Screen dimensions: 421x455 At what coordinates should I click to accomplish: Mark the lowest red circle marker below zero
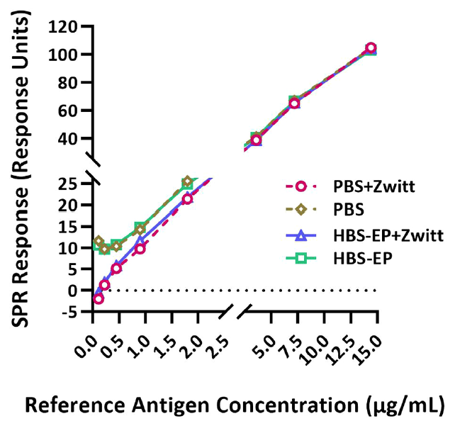[98, 298]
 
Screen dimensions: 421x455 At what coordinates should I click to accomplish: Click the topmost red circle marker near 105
[371, 48]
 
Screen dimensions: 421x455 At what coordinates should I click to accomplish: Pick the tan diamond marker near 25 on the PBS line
[187, 182]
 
